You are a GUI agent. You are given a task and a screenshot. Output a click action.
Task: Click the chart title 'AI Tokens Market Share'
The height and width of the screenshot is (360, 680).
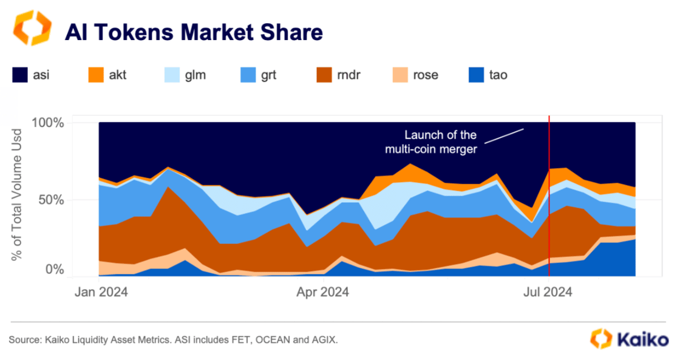click(x=194, y=32)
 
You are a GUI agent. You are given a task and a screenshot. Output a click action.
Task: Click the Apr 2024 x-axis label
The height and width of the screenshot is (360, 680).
click(x=324, y=293)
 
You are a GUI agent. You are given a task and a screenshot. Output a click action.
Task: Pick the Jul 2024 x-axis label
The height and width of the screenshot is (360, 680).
click(x=548, y=293)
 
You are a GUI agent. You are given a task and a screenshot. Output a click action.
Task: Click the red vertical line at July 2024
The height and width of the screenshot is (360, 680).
click(x=549, y=212)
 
